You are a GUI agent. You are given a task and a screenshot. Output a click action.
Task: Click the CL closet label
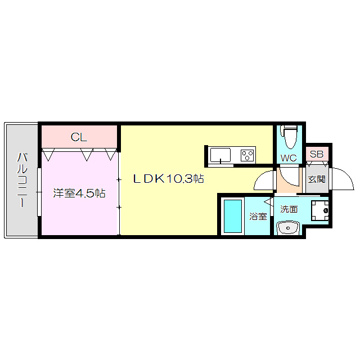[79, 137]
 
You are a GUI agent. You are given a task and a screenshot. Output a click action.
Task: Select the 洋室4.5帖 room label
[79, 193]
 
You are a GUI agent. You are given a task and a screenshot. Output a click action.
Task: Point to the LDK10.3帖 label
[168, 179]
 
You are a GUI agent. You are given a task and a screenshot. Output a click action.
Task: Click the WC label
[289, 158]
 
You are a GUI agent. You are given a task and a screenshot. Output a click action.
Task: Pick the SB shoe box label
[317, 154]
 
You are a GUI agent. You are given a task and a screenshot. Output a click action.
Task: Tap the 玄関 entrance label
[317, 179]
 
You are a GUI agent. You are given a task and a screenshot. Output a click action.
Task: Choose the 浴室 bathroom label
[258, 216]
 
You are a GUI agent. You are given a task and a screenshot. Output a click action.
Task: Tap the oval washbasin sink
[289, 227]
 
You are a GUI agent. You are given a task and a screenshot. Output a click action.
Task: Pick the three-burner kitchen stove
[247, 155]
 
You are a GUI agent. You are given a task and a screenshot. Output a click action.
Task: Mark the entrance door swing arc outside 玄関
[341, 179]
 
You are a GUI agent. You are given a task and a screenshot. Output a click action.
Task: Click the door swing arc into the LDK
[263, 180]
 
